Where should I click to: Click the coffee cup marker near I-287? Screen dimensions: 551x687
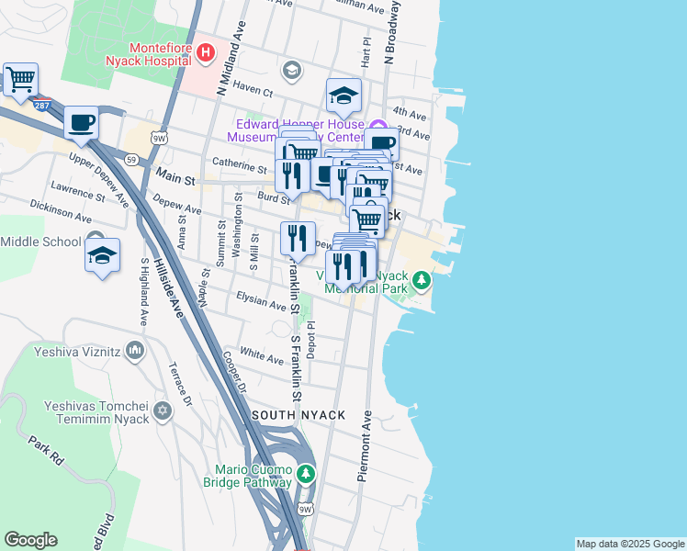[81, 123]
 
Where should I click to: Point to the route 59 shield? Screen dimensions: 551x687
[133, 160]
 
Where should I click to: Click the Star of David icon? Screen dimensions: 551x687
[163, 410]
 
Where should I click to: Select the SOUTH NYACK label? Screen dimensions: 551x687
[299, 415]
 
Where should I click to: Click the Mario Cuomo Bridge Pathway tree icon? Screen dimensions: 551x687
[306, 475]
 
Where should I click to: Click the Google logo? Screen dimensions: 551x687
[30, 540]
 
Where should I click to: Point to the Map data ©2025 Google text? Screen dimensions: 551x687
[629, 544]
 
